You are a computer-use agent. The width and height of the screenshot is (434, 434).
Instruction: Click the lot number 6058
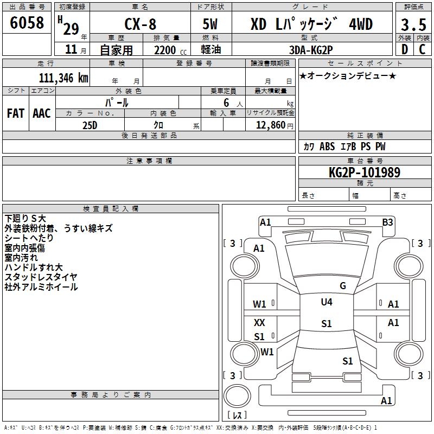point(27,23)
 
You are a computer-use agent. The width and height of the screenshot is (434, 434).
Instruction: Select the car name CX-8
point(141,24)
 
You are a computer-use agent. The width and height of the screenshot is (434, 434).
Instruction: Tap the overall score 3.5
point(413,24)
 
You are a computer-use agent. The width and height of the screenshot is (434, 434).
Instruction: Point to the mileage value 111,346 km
point(63,78)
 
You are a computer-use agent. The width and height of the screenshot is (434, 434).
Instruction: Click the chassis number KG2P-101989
point(365,173)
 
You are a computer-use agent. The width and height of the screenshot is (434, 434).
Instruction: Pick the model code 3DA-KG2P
point(311,50)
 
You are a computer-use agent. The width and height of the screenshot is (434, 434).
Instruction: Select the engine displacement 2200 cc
point(170,50)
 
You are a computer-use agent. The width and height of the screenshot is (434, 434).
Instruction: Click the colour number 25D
point(90,125)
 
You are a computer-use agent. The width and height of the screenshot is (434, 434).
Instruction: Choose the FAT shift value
point(16,113)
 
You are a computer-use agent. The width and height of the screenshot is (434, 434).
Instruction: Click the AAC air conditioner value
point(42,113)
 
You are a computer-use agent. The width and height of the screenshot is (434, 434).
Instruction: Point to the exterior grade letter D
point(405,49)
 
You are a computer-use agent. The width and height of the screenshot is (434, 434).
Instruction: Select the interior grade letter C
point(422,49)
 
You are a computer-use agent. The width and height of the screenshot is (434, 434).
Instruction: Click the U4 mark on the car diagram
point(327,302)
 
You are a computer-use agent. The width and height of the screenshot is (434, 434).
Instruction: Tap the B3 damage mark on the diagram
point(387,222)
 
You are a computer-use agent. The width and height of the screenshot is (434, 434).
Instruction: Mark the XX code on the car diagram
point(259,322)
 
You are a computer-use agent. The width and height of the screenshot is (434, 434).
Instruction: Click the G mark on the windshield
point(343,285)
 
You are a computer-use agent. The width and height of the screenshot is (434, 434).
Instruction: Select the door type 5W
point(210,24)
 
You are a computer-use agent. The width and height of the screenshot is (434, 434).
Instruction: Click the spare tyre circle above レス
point(237,396)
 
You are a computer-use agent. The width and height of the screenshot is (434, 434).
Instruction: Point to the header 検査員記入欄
point(111,209)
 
